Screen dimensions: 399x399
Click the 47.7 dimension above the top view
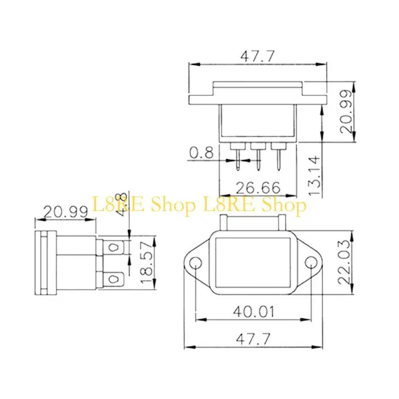click(x=257, y=56)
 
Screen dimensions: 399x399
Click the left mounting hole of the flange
click(x=196, y=263)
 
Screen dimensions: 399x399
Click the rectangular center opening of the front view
click(x=254, y=263)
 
